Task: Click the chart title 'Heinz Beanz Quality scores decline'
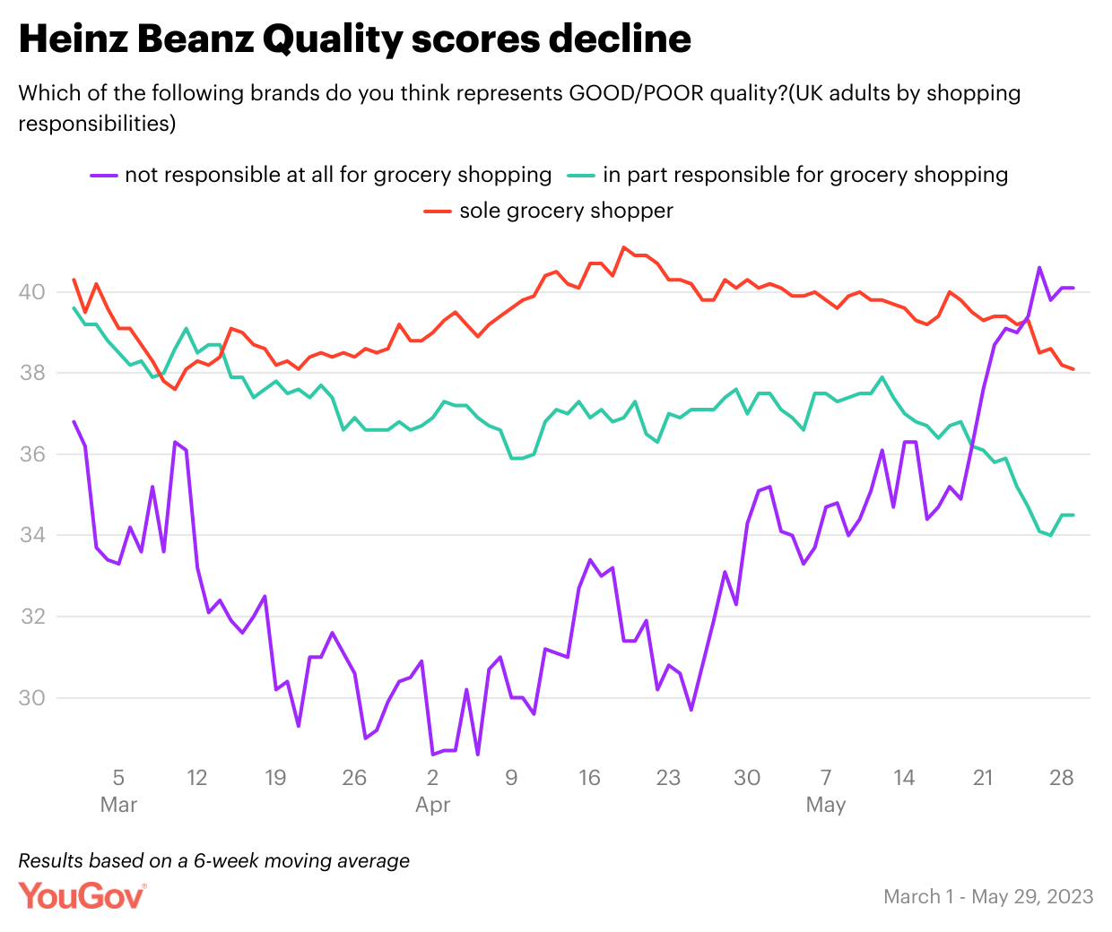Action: click(x=355, y=39)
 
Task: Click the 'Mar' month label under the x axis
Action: click(x=118, y=805)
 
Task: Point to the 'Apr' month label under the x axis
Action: click(x=432, y=805)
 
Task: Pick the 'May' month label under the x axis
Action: click(x=825, y=805)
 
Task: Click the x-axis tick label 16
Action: click(x=589, y=777)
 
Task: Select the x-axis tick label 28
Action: click(x=1061, y=777)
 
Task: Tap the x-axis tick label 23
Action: click(x=668, y=777)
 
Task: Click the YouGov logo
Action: click(x=82, y=895)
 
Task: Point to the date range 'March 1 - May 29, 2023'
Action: click(x=988, y=896)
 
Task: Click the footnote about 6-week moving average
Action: click(x=213, y=861)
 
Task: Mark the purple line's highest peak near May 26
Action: click(x=1039, y=267)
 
